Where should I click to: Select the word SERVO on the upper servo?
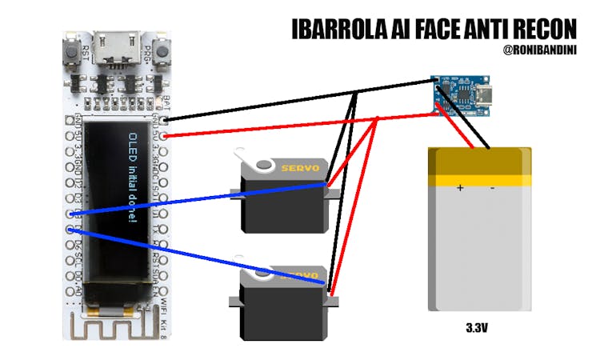(299, 168)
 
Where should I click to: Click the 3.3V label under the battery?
(478, 328)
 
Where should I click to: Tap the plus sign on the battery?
(460, 189)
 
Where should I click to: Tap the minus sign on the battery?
(492, 189)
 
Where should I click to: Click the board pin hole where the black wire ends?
(165, 120)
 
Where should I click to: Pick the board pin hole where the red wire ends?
(165, 136)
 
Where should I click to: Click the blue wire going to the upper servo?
(200, 200)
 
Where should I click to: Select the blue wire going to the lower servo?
(200, 257)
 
